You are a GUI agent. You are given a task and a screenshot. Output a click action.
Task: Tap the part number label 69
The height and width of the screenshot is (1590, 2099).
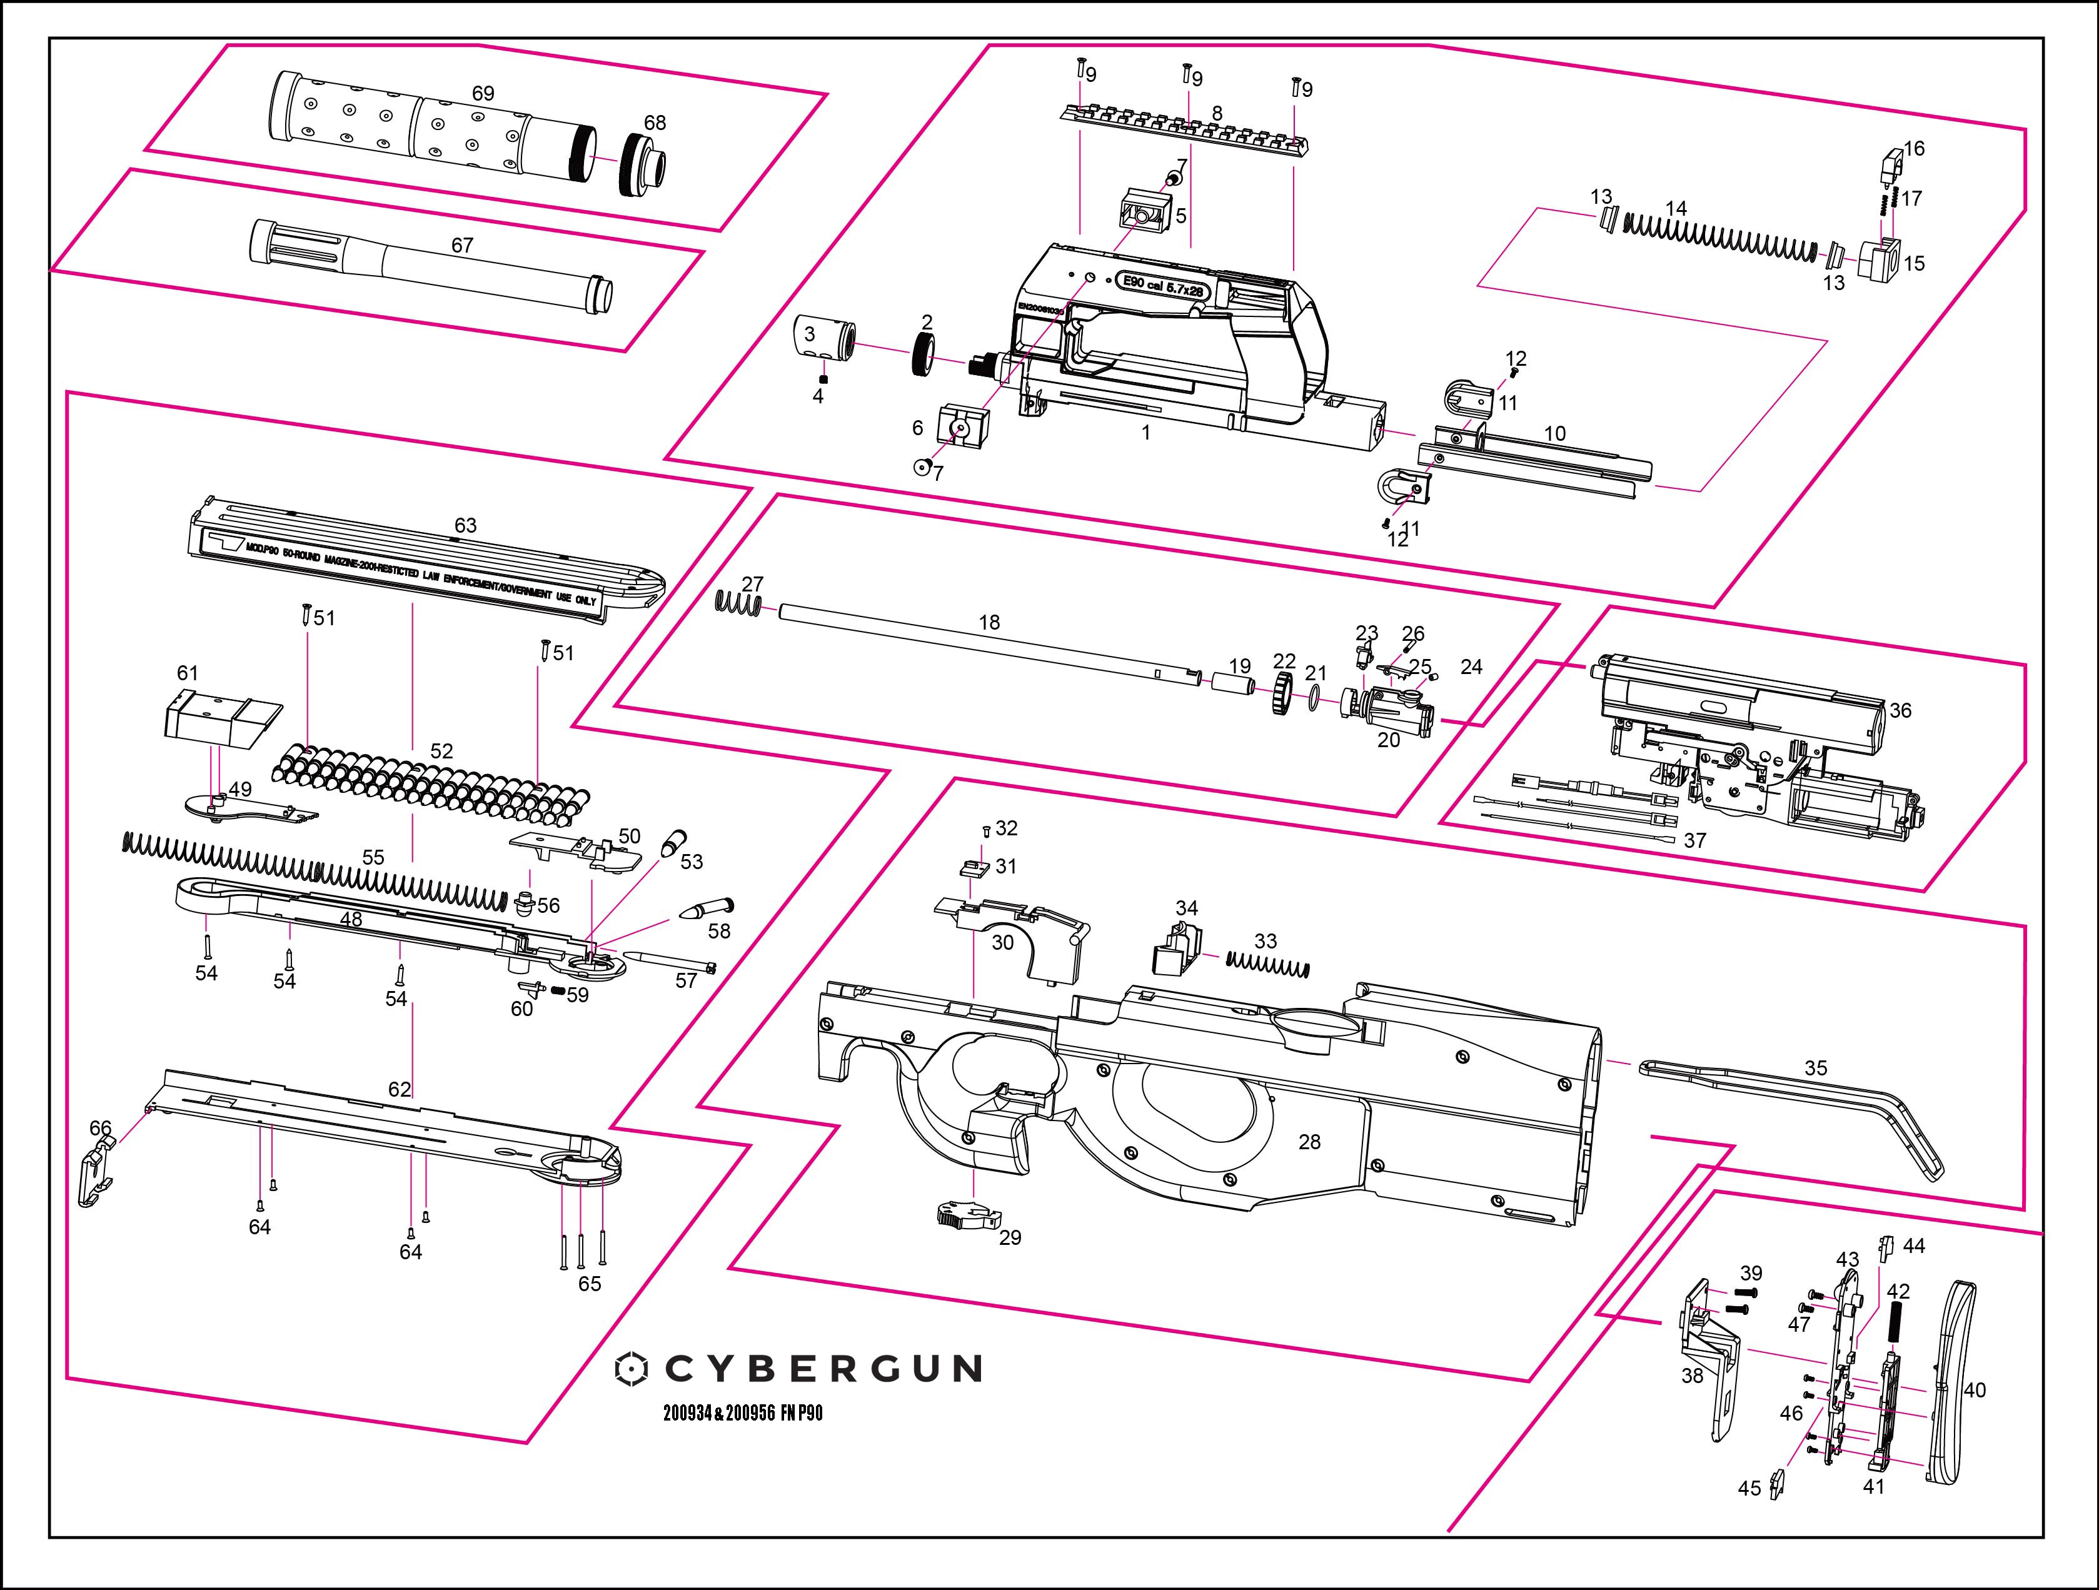(x=483, y=94)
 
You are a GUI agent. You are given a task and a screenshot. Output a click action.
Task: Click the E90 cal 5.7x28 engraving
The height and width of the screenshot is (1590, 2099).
(x=1162, y=284)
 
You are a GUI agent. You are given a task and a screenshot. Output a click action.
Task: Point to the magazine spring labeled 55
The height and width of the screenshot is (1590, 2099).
(x=313, y=867)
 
